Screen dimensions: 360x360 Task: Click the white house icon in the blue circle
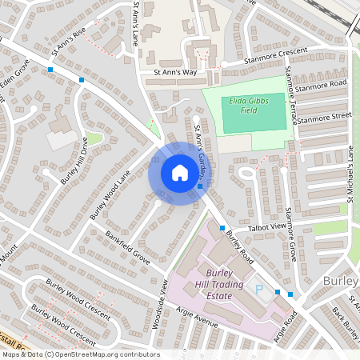[179, 172]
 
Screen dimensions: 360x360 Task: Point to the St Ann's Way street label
[174, 72]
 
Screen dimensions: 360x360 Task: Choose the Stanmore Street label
[323, 117]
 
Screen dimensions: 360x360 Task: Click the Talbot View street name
[267, 227]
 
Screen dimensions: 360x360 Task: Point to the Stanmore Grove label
[291, 234]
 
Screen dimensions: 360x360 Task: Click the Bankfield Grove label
[127, 247]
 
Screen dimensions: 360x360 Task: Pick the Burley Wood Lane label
[110, 198]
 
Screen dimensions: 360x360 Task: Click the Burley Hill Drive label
[74, 161]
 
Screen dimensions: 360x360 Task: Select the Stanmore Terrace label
[291, 96]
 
